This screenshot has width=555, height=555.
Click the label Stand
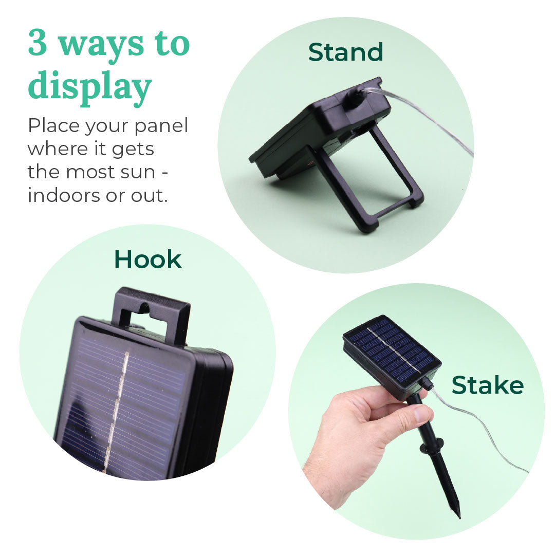coord(345,52)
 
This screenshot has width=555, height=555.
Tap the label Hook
coord(147,260)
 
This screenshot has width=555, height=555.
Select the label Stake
coord(487,385)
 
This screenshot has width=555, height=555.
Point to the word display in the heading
coord(89,87)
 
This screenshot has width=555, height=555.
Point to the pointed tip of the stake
coord(457,514)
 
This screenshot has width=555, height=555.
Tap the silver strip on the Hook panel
coord(116,411)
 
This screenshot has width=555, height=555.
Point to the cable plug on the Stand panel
coord(355,98)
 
